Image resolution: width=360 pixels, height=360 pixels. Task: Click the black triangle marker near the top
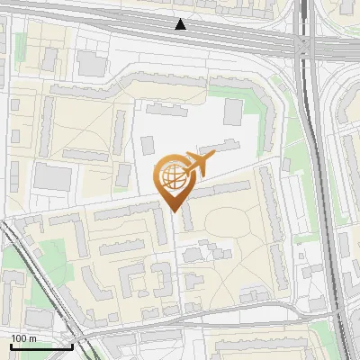(x=181, y=24)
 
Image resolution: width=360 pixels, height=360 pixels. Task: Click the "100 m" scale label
(x=23, y=337)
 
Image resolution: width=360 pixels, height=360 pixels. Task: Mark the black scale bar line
(x=40, y=346)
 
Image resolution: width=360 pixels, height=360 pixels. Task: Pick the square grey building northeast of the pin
(x=233, y=112)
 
